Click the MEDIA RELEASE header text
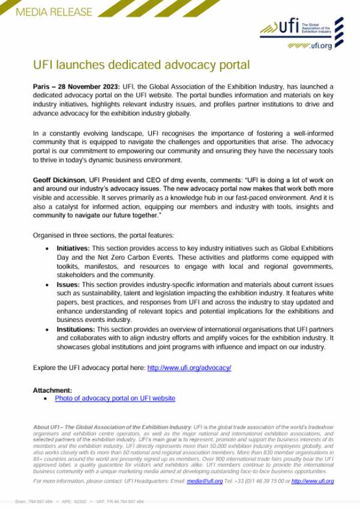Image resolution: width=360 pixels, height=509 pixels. pyautogui.click(x=55, y=12)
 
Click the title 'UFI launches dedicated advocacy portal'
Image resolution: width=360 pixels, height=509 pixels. pyautogui.click(x=140, y=64)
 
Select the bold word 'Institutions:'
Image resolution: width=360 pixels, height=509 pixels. pyautogui.click(x=76, y=330)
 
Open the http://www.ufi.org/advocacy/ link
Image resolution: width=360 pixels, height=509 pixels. pyautogui.click(x=189, y=368)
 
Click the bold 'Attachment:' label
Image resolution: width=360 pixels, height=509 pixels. pyautogui.click(x=52, y=390)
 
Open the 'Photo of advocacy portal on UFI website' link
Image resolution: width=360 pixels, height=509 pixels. pyautogui.click(x=115, y=398)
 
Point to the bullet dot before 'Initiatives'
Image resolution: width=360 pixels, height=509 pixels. pyautogui.click(x=48, y=248)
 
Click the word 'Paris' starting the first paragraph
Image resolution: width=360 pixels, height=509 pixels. pyautogui.click(x=42, y=87)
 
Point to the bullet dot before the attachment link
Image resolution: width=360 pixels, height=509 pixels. pyautogui.click(x=48, y=398)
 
